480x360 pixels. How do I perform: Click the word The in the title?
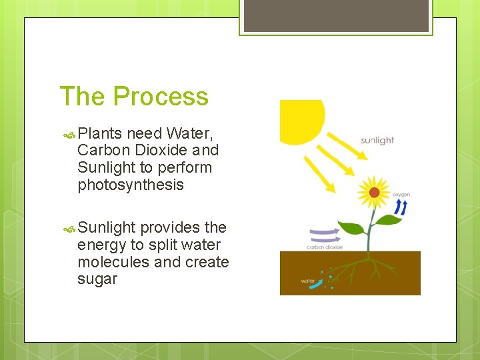[x=83, y=97]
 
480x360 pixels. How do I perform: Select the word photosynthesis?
[x=131, y=185]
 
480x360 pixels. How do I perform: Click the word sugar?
[x=97, y=279]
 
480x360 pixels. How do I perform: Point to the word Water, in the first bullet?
[x=190, y=133]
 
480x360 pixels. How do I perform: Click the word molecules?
[x=113, y=262]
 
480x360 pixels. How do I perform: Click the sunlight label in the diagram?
[x=377, y=141]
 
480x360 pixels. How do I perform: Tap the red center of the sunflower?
[x=375, y=193]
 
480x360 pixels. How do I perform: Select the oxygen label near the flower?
[x=401, y=195]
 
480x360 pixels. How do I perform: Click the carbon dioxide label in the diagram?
[x=325, y=247]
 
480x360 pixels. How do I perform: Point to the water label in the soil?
[x=307, y=281]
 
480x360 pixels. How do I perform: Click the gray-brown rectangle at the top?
[x=335, y=15]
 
